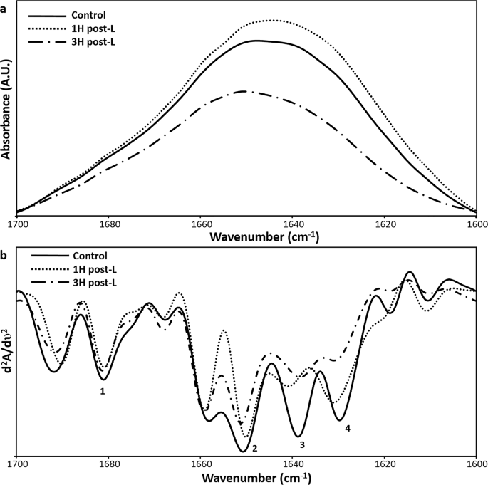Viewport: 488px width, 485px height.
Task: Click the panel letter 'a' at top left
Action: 4,4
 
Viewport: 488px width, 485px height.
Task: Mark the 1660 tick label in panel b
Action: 201,463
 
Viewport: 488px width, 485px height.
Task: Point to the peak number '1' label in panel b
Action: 103,391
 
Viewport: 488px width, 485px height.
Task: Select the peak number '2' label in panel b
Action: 254,448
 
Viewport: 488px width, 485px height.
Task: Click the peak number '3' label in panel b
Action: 302,444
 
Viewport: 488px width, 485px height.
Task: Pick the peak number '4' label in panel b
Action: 348,429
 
